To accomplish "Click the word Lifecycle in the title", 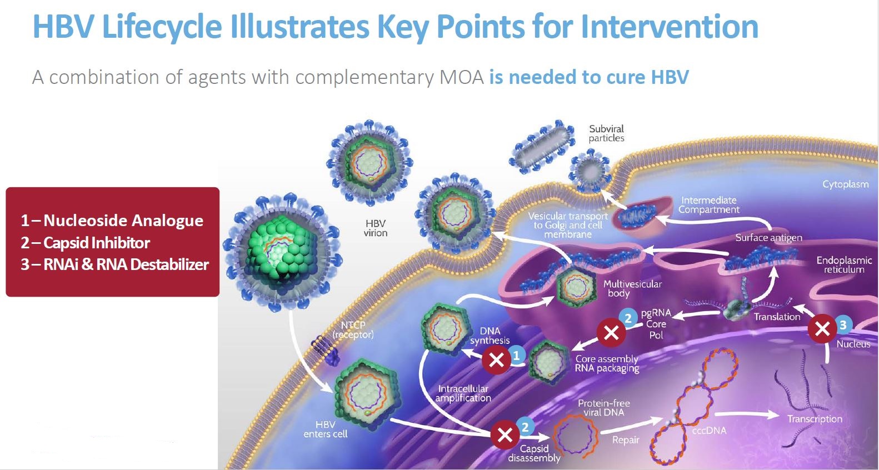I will (x=162, y=27).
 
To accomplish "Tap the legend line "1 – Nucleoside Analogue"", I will (x=112, y=221).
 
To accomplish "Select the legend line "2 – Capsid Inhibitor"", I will (x=86, y=243).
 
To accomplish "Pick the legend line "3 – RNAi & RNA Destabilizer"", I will (x=115, y=264).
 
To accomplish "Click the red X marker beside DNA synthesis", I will (x=496, y=360).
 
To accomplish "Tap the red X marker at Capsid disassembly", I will (x=505, y=434).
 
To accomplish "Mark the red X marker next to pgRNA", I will (x=611, y=332).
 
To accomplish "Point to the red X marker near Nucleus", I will (x=822, y=329).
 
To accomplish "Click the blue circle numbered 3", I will (x=843, y=325).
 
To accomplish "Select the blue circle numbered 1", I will (x=516, y=355).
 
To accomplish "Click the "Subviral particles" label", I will (x=606, y=133).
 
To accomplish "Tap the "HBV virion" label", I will (x=376, y=228).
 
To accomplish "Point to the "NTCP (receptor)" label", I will (x=353, y=329).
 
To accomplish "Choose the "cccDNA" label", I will (x=709, y=431).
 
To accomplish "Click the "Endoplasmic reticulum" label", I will (x=844, y=264).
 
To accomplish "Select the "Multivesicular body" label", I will (x=632, y=288).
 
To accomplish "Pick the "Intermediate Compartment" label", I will (x=709, y=204).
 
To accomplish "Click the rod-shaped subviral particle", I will (x=541, y=144).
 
